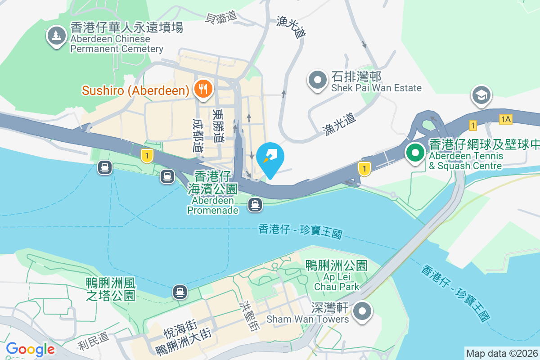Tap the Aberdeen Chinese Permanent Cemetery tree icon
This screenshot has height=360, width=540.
pos(56,36)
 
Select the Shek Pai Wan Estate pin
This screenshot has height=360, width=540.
pos(318,80)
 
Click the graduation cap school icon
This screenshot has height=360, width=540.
pos(481,95)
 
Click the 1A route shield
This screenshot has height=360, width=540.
pos(506,119)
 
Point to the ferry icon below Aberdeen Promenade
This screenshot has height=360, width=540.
pos(255,205)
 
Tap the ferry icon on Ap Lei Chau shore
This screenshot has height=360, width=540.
pos(180,292)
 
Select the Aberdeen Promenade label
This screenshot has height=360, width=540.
pos(212,193)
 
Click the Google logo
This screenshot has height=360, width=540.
pos(31,349)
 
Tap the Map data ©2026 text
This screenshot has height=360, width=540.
pos(501,353)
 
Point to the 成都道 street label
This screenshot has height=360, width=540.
pos(198,135)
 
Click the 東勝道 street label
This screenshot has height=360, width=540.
pos(218,126)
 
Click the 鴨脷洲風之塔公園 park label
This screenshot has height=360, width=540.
pos(111,289)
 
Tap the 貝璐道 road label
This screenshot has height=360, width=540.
pos(221,17)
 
